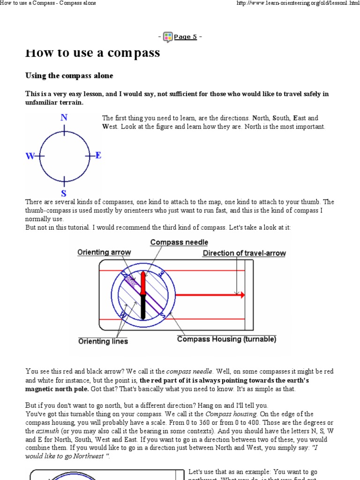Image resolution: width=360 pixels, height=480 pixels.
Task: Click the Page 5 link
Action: click(185, 37)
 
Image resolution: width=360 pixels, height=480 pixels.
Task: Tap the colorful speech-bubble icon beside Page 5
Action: click(168, 37)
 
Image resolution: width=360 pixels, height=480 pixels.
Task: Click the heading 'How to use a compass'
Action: click(92, 52)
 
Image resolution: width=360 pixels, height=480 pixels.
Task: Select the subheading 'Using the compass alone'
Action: click(69, 75)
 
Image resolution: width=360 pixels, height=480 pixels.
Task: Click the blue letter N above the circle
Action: click(64, 118)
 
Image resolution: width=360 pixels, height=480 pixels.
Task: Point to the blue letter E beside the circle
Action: click(98, 155)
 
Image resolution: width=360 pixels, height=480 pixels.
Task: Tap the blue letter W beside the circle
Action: click(30, 156)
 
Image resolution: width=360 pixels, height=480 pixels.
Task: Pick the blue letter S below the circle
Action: click(64, 193)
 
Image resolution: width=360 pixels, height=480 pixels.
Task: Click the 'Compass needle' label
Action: click(179, 242)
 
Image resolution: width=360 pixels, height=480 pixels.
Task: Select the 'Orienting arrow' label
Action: click(104, 252)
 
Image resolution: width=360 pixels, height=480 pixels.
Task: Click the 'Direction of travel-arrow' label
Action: click(244, 253)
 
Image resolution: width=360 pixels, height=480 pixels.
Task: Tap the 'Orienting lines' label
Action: click(103, 341)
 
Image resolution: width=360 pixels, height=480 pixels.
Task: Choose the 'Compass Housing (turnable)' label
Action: click(226, 339)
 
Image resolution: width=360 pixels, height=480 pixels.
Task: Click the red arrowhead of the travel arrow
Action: click(242, 295)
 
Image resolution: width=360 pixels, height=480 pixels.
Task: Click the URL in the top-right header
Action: click(292, 3)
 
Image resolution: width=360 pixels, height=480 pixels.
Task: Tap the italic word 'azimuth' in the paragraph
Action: click(39, 431)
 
